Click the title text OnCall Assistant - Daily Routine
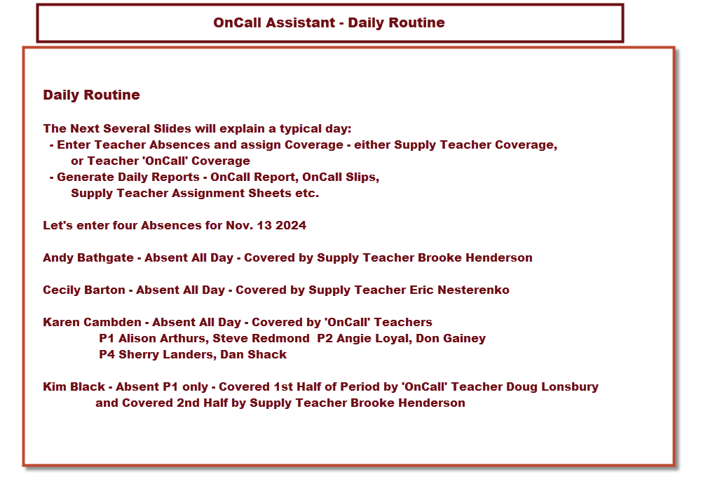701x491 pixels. (329, 22)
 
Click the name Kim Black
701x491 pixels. (75, 386)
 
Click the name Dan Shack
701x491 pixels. (253, 354)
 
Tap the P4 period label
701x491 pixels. (107, 354)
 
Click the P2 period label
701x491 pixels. (325, 338)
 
